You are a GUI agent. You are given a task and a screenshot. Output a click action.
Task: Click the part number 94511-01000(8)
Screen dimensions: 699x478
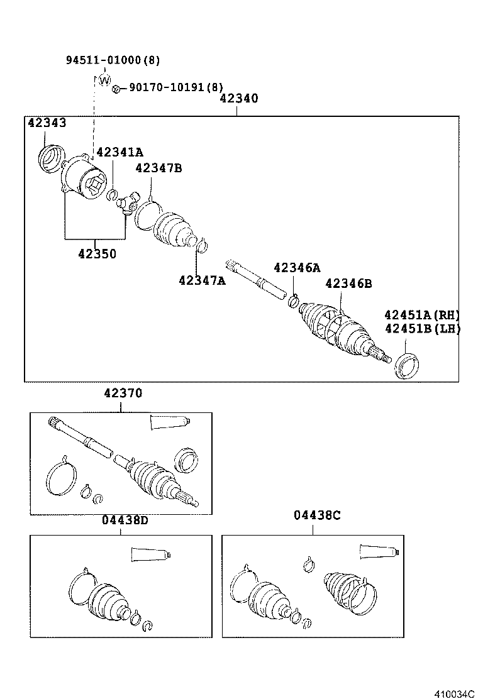(113, 60)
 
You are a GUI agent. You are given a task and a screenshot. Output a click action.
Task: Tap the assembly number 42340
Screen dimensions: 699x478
(239, 99)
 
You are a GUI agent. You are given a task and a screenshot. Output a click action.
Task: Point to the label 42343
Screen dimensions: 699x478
(47, 123)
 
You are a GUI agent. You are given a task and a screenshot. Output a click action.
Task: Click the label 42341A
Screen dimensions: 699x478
(119, 151)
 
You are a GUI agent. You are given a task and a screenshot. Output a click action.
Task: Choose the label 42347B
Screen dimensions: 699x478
(158, 168)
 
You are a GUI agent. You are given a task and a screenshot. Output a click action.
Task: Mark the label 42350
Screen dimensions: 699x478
(97, 254)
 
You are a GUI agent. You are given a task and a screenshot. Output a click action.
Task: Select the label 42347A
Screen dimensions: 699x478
(201, 280)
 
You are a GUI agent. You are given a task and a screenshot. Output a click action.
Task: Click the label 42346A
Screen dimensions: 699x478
(297, 267)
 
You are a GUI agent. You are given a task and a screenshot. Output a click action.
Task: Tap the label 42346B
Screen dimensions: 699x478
(348, 283)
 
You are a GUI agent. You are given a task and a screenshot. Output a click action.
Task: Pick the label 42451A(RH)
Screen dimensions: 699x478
(422, 315)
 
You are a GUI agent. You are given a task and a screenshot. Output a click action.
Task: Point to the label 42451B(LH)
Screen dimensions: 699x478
(422, 328)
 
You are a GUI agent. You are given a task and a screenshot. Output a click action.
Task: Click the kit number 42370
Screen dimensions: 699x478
(123, 393)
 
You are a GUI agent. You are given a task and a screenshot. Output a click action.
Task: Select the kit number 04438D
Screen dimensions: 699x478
(125, 520)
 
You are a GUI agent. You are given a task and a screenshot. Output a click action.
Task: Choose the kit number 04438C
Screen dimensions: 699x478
(316, 515)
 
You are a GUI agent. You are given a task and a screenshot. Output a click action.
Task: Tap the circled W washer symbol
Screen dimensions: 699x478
(104, 80)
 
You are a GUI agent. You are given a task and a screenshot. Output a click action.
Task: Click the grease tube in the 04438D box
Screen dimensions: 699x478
(150, 555)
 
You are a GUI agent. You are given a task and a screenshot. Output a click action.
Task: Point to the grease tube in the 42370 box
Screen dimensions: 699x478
(169, 423)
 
